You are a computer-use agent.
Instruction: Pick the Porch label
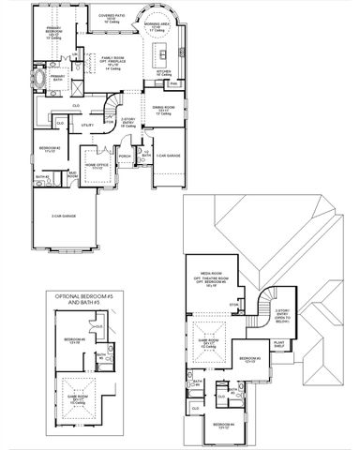pyautogui.click(x=125, y=157)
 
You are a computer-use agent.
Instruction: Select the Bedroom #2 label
pyautogui.click(x=50, y=150)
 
